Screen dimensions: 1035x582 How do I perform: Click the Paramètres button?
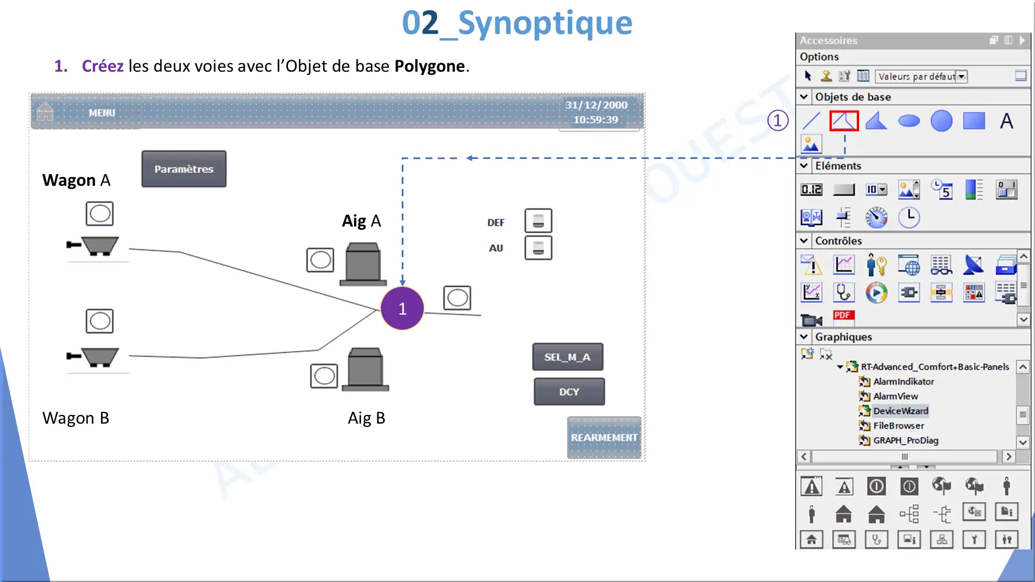tap(184, 169)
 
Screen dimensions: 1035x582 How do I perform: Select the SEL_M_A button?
tap(568, 357)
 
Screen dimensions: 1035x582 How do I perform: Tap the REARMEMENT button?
tap(604, 438)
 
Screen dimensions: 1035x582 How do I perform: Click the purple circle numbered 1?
tap(402, 308)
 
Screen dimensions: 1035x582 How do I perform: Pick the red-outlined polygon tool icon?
tap(843, 121)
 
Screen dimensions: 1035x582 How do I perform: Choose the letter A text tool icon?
tap(1007, 121)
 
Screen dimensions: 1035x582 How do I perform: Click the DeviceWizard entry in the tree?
tap(901, 411)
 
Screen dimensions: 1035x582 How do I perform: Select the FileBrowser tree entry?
tap(899, 425)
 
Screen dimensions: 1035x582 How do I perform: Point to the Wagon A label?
tap(76, 180)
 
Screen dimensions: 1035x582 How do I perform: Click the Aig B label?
tap(366, 418)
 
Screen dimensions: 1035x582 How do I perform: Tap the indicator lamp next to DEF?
tap(538, 221)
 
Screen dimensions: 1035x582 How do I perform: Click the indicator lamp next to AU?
tap(538, 248)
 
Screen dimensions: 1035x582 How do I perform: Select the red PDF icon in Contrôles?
tap(843, 315)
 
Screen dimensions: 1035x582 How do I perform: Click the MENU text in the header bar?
tap(102, 113)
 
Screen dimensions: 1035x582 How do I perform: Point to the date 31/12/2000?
tap(597, 105)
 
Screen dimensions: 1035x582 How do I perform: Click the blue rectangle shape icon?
tap(974, 121)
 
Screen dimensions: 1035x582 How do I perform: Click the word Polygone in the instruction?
tap(430, 66)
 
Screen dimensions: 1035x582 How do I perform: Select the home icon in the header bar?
tap(45, 111)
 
